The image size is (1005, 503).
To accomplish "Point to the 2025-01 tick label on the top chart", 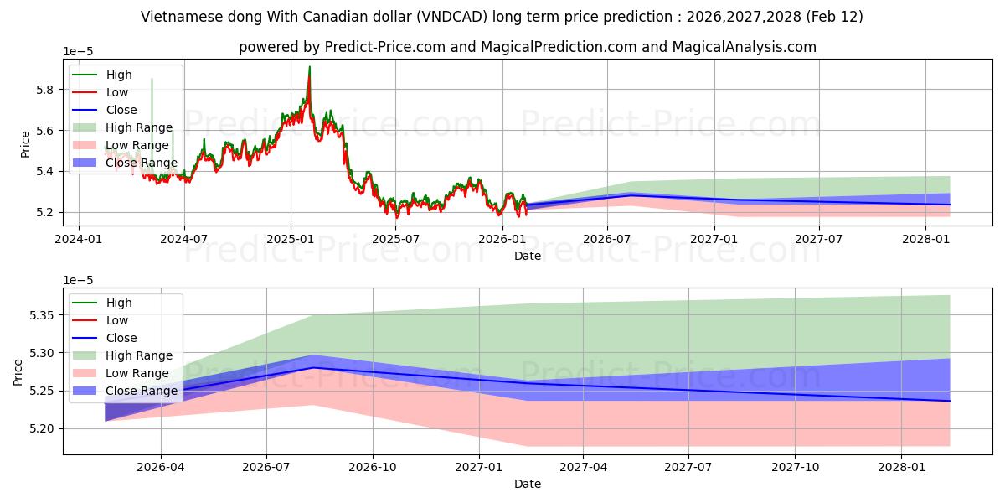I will [290, 239].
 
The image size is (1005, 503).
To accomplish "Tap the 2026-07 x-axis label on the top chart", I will [607, 239].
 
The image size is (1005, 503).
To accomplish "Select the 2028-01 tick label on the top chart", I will [925, 239].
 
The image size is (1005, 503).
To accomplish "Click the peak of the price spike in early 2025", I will [309, 67].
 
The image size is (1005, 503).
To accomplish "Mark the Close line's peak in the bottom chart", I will [313, 367].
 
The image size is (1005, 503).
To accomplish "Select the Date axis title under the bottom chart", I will [527, 484].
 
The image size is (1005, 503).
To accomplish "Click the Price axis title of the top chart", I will [25, 143].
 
